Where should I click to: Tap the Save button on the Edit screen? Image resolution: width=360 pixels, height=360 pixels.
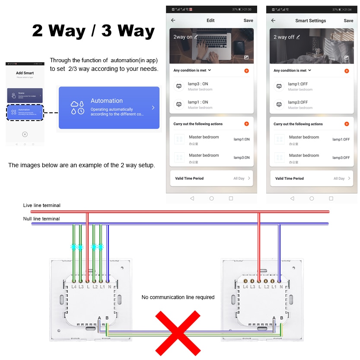(248, 20)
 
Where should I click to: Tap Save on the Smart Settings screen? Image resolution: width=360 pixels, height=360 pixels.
(348, 20)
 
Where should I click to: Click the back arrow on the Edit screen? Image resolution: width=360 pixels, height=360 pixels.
(173, 20)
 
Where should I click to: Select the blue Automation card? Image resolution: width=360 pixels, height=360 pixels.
(109, 108)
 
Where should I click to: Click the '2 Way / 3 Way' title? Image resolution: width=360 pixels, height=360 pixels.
(93, 31)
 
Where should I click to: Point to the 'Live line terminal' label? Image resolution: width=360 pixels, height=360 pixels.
(42, 205)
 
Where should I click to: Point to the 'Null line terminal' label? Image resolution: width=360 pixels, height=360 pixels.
(41, 219)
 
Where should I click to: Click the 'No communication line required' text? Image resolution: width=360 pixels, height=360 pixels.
(178, 297)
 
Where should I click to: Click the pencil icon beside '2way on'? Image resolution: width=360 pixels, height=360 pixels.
(196, 37)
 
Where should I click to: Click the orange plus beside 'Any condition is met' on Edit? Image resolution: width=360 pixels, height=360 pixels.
(246, 70)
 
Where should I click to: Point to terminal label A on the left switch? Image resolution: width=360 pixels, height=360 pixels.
(99, 318)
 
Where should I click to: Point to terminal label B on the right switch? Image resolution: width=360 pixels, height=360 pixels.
(281, 318)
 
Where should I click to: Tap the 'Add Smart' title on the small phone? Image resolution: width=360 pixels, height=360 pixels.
(25, 73)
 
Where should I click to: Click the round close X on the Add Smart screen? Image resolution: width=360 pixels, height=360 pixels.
(25, 134)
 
